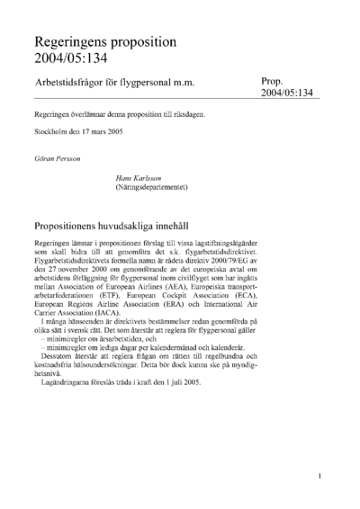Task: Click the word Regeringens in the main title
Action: point(74,42)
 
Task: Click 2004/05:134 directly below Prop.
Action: point(289,93)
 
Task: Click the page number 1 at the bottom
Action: point(320,476)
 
